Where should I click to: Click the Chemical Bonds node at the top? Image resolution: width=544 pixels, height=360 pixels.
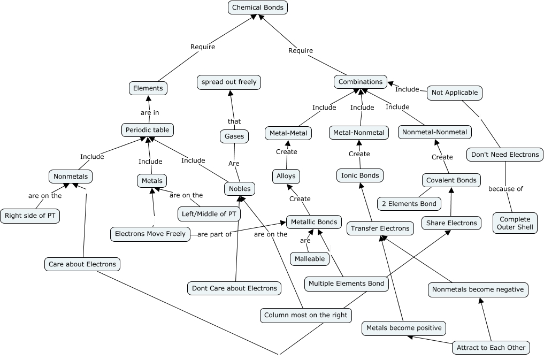[258, 7]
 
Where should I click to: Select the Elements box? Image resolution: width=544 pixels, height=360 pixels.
[148, 88]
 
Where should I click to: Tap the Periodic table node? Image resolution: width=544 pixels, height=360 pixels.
[147, 130]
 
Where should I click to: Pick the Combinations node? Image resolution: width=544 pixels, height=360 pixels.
[361, 82]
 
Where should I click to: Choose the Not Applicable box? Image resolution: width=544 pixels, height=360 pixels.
[454, 93]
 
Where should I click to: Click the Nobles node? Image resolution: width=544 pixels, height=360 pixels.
[239, 189]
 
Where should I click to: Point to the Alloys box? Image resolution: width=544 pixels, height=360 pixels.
[286, 176]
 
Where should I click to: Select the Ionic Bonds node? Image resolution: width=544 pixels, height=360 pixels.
[360, 175]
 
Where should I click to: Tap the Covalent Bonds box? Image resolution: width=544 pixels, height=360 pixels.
[451, 180]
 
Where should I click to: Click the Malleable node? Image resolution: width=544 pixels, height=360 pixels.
[310, 259]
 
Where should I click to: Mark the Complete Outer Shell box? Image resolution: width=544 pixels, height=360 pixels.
[515, 223]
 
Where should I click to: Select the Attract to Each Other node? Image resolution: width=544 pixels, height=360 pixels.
[491, 348]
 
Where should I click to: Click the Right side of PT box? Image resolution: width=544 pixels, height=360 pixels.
[29, 216]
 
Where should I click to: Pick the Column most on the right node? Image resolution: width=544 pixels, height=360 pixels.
[305, 315]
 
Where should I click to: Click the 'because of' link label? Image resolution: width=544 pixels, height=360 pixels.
[505, 189]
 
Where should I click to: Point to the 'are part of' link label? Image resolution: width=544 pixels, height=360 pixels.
[214, 234]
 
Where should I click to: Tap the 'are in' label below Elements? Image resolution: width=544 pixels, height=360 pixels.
[150, 113]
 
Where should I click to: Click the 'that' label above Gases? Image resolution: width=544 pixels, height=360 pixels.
[234, 121]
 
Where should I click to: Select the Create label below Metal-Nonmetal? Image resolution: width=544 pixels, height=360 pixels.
[359, 154]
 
